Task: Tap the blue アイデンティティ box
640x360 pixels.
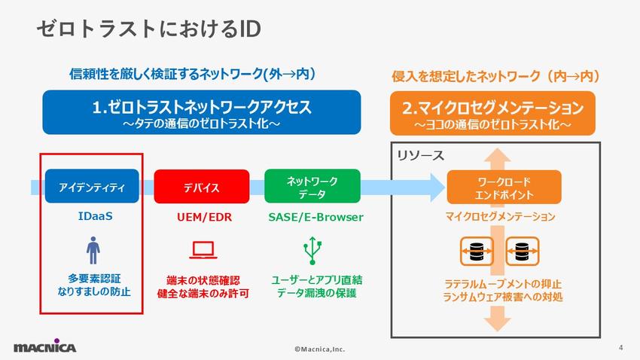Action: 92,187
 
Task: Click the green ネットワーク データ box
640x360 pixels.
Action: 312,187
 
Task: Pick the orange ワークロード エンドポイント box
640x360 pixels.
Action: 494,187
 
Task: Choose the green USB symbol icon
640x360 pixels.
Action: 311,250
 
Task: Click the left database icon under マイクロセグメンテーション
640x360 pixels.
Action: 476,249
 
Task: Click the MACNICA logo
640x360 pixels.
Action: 44,346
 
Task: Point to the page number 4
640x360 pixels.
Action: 620,347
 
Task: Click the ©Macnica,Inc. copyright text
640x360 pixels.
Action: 319,350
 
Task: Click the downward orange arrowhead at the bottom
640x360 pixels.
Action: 494,322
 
